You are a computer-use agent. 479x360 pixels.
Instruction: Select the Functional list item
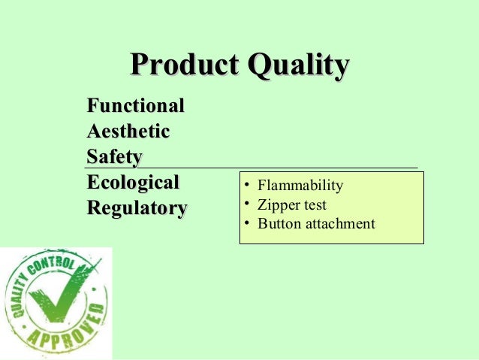pyautogui.click(x=135, y=105)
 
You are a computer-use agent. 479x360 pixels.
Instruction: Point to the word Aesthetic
pyautogui.click(x=128, y=132)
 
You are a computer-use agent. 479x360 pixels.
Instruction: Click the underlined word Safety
pyautogui.click(x=114, y=157)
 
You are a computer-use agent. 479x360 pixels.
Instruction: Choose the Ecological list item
pyautogui.click(x=133, y=183)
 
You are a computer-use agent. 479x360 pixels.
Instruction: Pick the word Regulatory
pyautogui.click(x=137, y=208)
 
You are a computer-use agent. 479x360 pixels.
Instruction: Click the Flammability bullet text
pyautogui.click(x=300, y=186)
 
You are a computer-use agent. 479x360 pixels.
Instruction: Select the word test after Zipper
pyautogui.click(x=313, y=204)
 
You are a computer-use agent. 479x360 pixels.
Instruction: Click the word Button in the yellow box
pyautogui.click(x=276, y=224)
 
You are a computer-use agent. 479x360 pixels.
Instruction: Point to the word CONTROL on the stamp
pyautogui.click(x=53, y=265)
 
